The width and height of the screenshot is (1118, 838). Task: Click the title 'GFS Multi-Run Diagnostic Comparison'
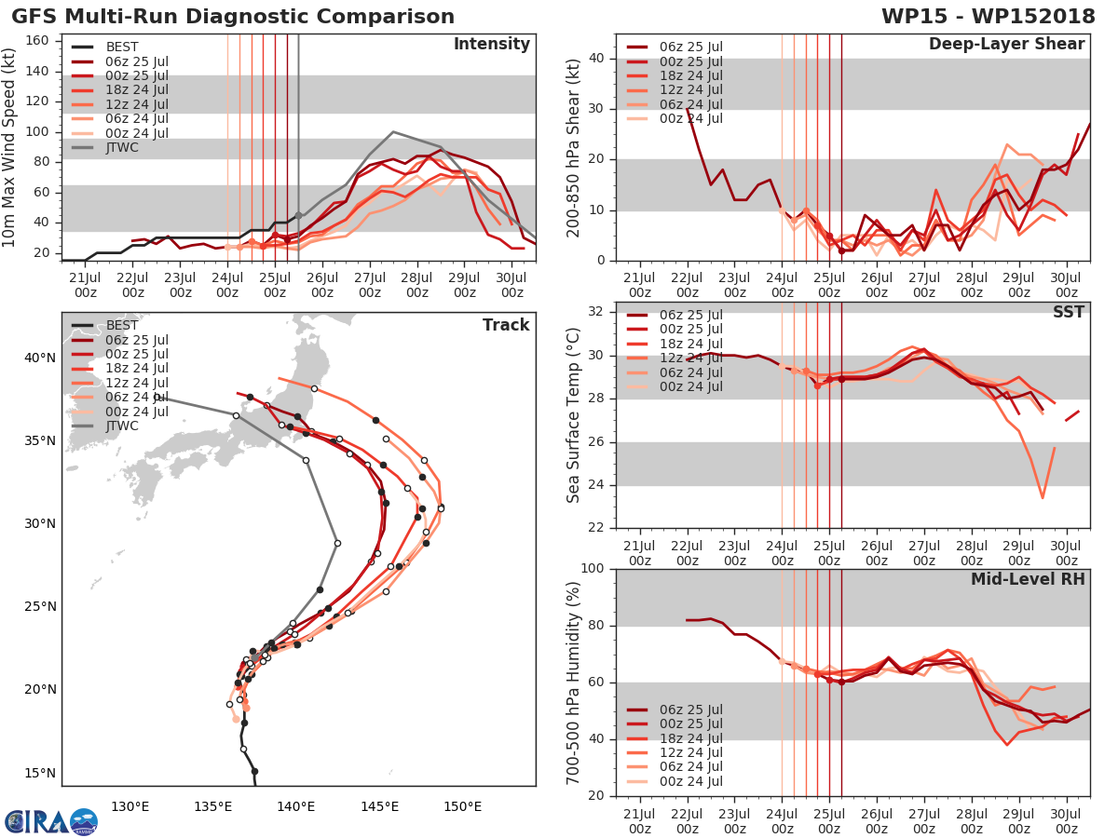point(233,17)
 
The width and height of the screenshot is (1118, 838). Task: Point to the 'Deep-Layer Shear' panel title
point(1006,45)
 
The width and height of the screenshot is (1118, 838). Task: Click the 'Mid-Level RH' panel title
point(1028,580)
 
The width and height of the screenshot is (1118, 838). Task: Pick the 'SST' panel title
point(1068,312)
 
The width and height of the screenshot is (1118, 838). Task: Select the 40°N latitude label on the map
point(39,358)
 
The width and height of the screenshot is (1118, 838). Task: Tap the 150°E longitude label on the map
point(462,806)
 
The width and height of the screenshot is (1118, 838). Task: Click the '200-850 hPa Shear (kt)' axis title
point(573,147)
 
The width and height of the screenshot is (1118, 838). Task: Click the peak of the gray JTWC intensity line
point(393,131)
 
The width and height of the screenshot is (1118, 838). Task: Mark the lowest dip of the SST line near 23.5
point(1043,497)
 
